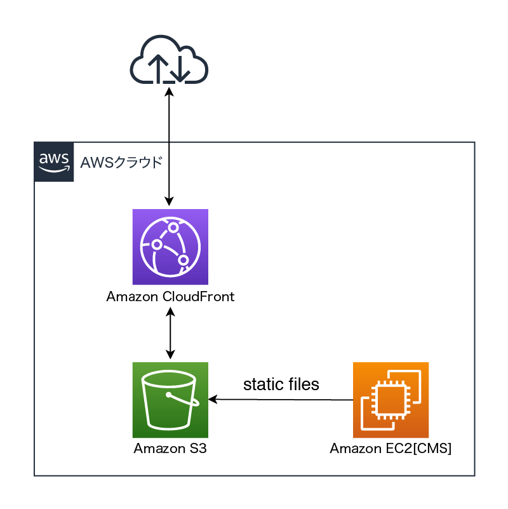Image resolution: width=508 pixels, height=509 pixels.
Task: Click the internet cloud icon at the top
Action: click(x=170, y=61)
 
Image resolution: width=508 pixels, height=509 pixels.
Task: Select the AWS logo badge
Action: click(x=54, y=162)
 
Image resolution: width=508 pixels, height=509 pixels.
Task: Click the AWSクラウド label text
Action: click(x=121, y=162)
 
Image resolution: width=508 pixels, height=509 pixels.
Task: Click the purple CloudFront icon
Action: click(x=170, y=247)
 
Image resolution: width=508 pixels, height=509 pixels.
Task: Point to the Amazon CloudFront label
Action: click(x=170, y=297)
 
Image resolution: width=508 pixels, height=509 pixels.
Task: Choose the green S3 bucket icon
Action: click(x=170, y=400)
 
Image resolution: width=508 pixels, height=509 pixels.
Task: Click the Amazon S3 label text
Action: click(x=170, y=449)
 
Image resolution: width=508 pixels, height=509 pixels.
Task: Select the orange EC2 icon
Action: click(x=391, y=400)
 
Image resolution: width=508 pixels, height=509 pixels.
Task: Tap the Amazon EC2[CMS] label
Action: click(x=391, y=449)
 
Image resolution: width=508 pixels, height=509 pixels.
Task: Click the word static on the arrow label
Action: click(x=264, y=384)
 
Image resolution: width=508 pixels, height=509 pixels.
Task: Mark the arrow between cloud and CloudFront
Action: click(x=170, y=146)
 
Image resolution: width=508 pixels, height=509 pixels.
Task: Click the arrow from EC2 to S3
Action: click(x=279, y=400)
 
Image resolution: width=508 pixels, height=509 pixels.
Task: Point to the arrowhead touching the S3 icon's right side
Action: click(x=213, y=399)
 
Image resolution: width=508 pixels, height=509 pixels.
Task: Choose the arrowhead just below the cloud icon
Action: click(x=170, y=90)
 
